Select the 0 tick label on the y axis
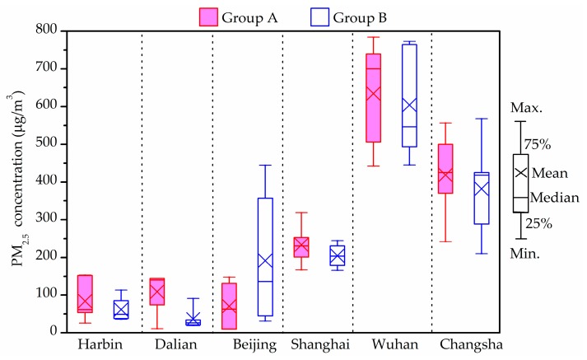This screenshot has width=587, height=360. (x=56, y=333)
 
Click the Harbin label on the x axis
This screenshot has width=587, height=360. (x=97, y=345)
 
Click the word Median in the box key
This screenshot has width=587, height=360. (x=561, y=198)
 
